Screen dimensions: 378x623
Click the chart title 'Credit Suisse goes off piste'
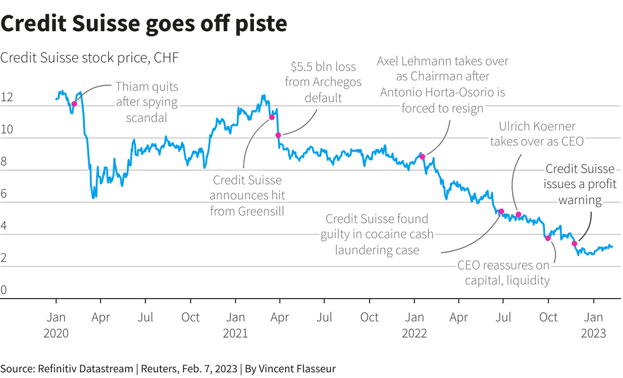[143, 24]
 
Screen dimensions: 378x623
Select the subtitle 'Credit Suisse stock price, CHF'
[89, 58]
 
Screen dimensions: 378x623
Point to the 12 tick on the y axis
[7, 97]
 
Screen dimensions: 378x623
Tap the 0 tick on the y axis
[4, 290]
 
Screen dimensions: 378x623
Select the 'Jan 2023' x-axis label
[593, 325]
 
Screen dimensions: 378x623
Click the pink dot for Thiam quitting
[74, 104]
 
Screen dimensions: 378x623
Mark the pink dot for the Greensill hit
[272, 117]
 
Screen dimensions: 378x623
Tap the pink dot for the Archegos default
[278, 135]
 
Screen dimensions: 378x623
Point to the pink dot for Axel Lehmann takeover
[423, 156]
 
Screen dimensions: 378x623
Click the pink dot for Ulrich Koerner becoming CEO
[518, 214]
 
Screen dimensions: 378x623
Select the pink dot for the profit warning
[575, 244]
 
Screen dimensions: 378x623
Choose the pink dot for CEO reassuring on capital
[548, 238]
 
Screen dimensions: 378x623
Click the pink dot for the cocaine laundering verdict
[501, 211]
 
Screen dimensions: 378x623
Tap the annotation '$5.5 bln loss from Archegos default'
[323, 82]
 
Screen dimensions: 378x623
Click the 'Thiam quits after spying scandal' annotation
[146, 102]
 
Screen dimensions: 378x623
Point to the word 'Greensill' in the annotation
[247, 211]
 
